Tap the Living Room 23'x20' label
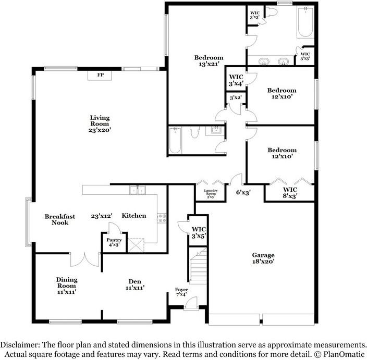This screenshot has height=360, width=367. tap(99, 124)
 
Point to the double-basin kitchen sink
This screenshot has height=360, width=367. tap(138, 191)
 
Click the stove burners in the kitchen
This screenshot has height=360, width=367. tap(162, 218)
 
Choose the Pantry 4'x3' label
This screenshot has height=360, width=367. tap(114, 242)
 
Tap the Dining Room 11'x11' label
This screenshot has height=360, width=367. tap(67, 286)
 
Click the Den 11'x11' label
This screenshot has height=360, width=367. tap(134, 284)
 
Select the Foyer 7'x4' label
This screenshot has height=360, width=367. tap(181, 292)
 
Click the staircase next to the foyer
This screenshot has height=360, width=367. tap(199, 266)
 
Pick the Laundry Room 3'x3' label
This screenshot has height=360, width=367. tap(211, 193)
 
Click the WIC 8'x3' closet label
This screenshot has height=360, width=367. tap(290, 193)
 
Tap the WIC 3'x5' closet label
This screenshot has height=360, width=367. tap(199, 232)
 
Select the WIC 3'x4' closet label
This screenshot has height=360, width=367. tap(236, 80)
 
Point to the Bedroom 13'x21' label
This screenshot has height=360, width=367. tap(209, 61)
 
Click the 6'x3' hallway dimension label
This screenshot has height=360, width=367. tap(243, 192)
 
